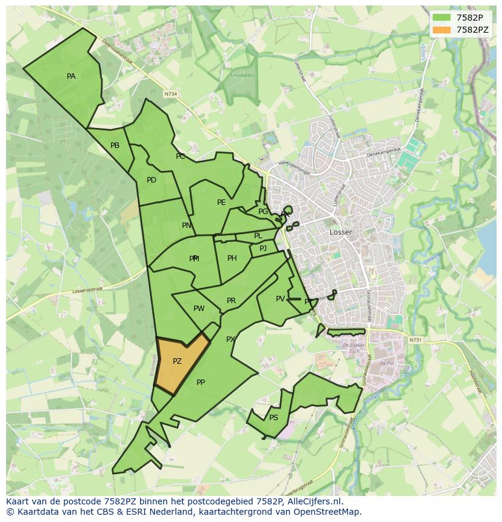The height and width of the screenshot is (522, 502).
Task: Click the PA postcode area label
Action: (71, 76)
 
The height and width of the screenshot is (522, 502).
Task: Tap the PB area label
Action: (115, 146)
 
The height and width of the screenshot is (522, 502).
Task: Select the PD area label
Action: (152, 180)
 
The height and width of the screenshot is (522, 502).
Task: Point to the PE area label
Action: (221, 202)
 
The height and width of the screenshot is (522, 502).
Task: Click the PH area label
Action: (232, 258)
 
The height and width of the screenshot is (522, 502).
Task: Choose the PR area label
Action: (231, 301)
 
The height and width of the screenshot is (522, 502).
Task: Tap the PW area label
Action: (199, 309)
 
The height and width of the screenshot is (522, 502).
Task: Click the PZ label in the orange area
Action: (177, 361)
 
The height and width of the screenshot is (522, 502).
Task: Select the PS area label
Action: (273, 418)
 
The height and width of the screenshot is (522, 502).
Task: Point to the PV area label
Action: (280, 299)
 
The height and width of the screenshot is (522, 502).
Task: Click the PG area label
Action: (263, 212)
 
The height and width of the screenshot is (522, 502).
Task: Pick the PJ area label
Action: (263, 248)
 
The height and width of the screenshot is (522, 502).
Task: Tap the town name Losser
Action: (341, 232)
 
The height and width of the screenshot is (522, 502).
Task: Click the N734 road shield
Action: (171, 94)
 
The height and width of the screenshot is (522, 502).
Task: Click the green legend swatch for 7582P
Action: (442, 17)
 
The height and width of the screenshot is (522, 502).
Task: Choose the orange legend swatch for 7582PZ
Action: (442, 29)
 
